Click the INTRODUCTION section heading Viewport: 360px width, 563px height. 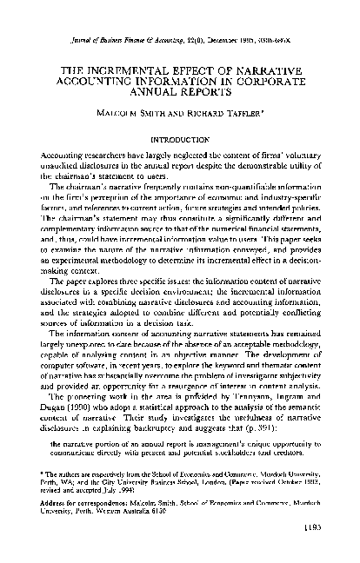click(180, 138)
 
